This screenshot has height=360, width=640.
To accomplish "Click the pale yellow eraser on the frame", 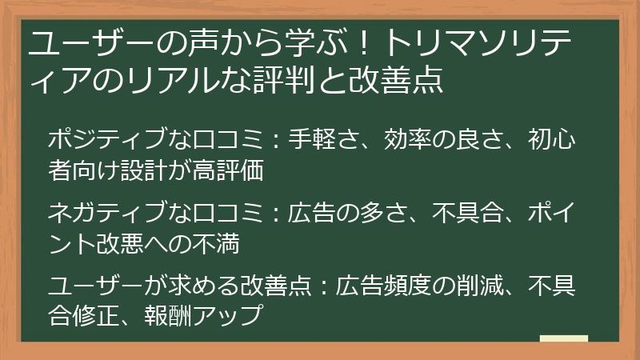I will pos(564,338).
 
